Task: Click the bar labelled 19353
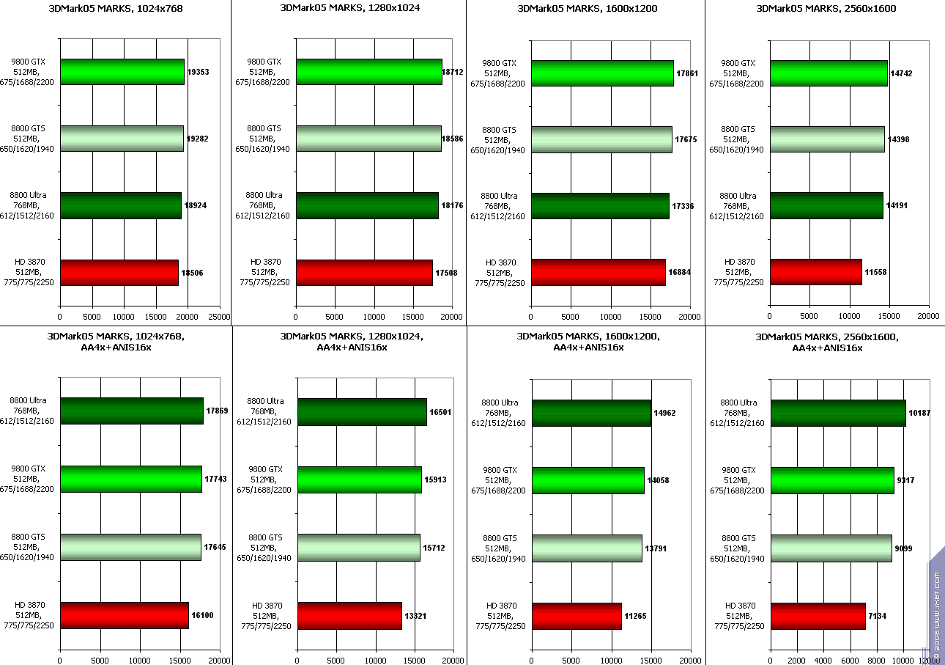122,72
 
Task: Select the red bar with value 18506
119,272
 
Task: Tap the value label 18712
452,73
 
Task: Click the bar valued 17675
601,139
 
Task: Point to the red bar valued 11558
815,271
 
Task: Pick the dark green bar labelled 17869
132,411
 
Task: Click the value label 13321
415,616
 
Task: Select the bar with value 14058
588,480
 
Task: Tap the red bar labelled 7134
818,616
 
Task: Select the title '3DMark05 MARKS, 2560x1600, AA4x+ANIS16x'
827,342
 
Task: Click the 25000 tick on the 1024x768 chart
219,317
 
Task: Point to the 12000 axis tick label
928,661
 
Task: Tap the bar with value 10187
838,413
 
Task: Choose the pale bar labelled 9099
831,548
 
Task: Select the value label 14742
901,74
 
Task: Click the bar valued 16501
362,412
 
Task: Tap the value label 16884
679,272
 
